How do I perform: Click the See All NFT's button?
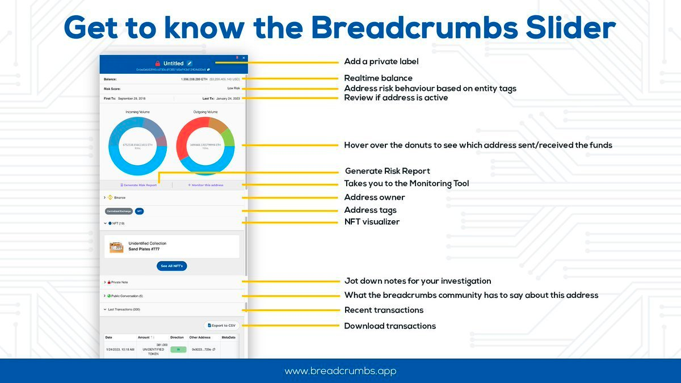[x=172, y=266]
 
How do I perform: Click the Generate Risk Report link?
[x=138, y=185]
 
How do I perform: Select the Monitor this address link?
[x=205, y=185]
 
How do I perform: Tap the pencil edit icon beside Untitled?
[x=190, y=63]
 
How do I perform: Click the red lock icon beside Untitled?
[x=158, y=64]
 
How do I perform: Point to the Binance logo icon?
[x=110, y=197]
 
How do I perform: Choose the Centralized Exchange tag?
[x=119, y=211]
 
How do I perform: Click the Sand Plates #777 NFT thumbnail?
[x=116, y=247]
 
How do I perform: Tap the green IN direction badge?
[x=178, y=350]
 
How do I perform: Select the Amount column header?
[x=144, y=337]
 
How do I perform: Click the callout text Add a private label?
[x=381, y=61]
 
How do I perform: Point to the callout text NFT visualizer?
[x=372, y=222]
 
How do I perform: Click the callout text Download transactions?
[x=390, y=326]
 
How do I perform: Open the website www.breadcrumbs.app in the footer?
[x=340, y=371]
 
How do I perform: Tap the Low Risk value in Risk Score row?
[x=233, y=89]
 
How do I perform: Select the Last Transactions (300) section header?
[x=124, y=309]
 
